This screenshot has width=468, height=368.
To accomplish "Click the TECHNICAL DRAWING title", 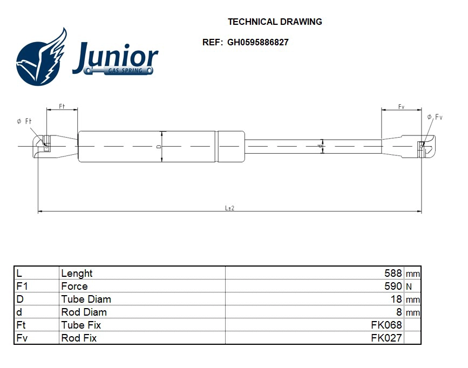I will pos(275,22).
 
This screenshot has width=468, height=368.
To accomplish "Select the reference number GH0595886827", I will pos(257,43).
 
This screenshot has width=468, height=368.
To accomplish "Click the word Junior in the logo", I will pos(116,57).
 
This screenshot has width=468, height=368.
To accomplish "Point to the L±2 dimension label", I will pos(229,208).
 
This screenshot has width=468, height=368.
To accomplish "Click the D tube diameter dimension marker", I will pos(159,146).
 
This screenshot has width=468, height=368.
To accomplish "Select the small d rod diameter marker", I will pos(320,146).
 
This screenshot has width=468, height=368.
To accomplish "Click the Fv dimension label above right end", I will pos(402,107).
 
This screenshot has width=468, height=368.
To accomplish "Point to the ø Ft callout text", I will pos(24,122).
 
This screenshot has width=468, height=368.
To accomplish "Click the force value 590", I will pos(393,287).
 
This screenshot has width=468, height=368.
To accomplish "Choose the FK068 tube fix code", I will pos(386,325).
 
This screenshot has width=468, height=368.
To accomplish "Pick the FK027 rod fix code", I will pos(386,338).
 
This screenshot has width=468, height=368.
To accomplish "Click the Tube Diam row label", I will pos(86,299).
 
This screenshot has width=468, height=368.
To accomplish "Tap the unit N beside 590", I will pos(408,287).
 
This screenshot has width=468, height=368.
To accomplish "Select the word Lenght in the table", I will pos(77,274).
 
